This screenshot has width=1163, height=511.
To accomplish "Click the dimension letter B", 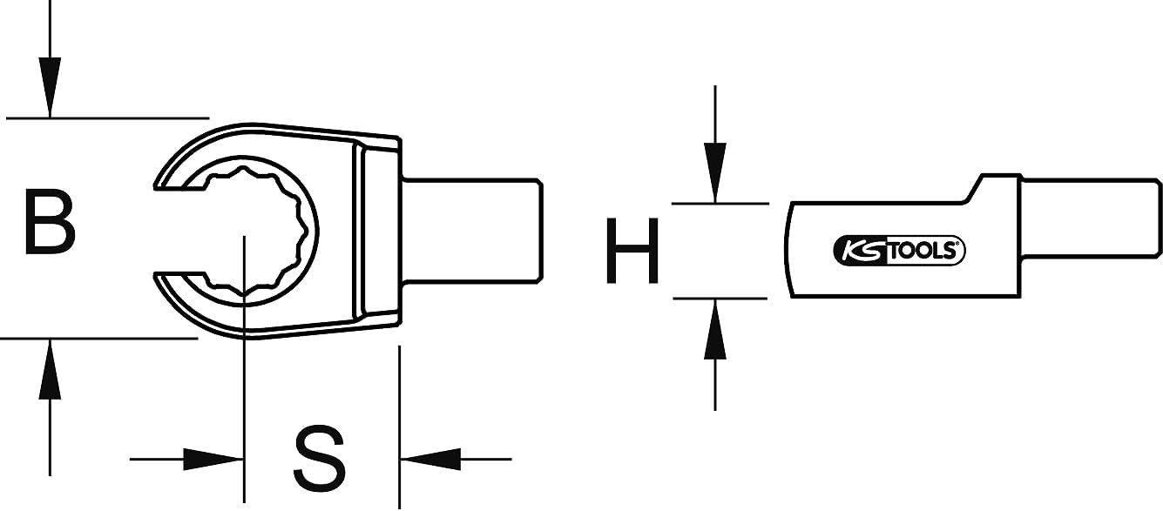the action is pos(50,222).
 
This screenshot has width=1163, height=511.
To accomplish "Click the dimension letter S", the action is pos(320,458).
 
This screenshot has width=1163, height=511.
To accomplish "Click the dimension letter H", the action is pos(632,251).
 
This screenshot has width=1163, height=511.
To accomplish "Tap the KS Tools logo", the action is pos(899,251).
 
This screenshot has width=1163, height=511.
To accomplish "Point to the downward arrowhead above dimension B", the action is pos(50,87).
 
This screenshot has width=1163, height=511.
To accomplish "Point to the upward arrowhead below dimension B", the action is pos(50,369).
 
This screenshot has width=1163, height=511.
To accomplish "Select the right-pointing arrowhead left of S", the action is pos(213,459).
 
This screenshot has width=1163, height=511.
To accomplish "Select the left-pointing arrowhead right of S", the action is pos(430,459).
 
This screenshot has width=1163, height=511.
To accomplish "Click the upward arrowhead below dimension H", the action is pos(715,329).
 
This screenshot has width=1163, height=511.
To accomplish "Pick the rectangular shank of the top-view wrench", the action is pos(472,231).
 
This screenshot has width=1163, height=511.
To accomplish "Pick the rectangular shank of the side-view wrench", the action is pos(1092,218).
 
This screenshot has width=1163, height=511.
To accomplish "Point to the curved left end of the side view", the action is pos(788,250).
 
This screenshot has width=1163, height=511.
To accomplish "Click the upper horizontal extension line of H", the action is pos(720,204).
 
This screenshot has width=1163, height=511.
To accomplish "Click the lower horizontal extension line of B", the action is pos(98,339).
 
